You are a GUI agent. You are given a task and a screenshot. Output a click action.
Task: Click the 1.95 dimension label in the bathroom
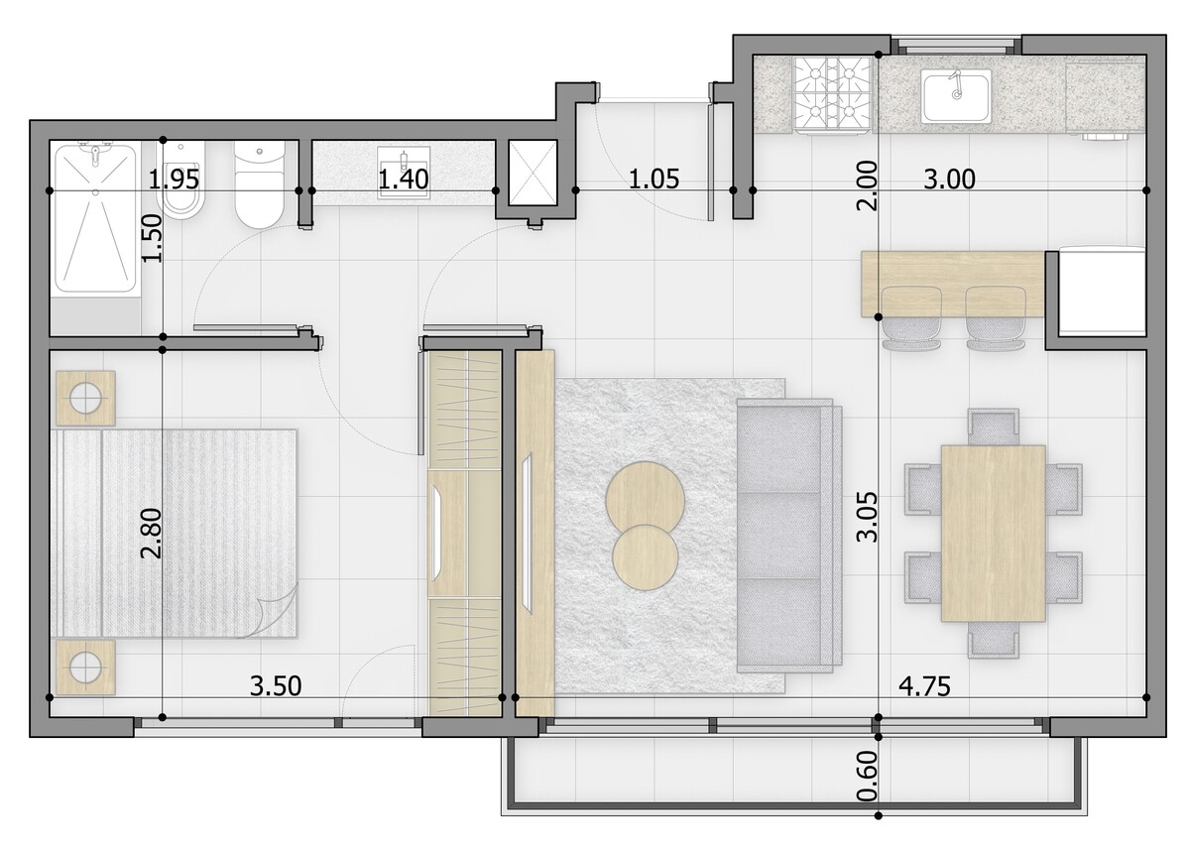pos(174,179)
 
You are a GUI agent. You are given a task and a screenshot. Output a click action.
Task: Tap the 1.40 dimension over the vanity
pos(404,179)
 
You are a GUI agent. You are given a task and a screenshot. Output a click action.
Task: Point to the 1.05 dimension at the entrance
pos(654,179)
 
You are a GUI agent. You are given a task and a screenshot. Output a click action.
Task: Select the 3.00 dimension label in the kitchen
pos(949,179)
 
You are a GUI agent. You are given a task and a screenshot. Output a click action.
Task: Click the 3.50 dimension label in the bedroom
pos(276,685)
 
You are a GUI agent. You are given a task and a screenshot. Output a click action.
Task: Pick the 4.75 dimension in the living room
pos(924,685)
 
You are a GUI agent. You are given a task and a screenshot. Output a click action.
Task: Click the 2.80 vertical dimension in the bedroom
pos(151,534)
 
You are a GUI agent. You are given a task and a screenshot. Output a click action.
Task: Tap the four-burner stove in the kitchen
pos(831,94)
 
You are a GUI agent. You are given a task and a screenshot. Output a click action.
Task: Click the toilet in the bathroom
pos(259,183)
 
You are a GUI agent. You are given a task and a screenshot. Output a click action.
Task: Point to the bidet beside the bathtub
pos(181,181)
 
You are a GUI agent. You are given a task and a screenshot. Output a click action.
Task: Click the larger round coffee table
pos(645,501)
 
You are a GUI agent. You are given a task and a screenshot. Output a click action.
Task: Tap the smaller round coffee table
pos(645,557)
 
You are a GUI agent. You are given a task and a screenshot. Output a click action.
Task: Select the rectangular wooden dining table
pos(993,534)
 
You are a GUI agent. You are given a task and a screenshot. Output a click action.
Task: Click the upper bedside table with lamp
pos(85,398)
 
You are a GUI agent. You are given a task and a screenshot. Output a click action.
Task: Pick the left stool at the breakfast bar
pos(911,318)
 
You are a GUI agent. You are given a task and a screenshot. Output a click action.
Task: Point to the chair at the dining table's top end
pos(993,427)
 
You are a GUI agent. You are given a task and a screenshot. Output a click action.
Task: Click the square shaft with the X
pos(534,173)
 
